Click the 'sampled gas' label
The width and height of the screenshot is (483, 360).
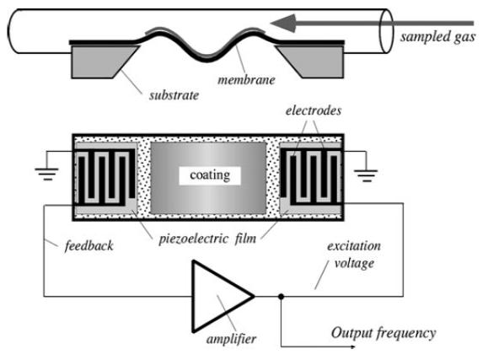[437, 37]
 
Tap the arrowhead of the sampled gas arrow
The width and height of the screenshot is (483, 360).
[283, 23]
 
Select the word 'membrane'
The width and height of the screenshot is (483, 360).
[246, 80]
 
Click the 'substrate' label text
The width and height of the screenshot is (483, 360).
[174, 95]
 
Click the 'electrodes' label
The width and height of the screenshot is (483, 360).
[314, 110]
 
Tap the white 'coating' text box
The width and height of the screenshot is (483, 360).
[210, 175]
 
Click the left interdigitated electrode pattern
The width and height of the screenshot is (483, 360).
[105, 177]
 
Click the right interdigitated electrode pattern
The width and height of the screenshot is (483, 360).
[311, 177]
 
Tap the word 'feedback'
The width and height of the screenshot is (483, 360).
[89, 246]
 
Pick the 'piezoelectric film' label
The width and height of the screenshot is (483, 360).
[207, 239]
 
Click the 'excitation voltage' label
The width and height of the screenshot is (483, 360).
[354, 255]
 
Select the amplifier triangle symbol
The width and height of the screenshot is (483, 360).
[223, 297]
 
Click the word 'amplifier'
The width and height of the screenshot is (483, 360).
[231, 339]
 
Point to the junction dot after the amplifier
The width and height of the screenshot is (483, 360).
[281, 297]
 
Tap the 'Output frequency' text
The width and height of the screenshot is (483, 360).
[384, 334]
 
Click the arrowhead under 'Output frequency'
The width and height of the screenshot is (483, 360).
[352, 347]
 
